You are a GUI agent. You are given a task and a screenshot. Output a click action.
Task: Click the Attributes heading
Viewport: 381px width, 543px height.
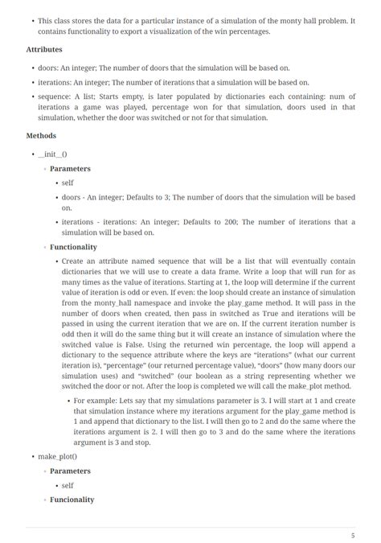(44, 49)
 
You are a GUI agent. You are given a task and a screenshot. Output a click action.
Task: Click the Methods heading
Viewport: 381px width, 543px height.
(41, 136)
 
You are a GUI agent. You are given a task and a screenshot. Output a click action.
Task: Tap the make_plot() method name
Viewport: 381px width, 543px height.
(57, 457)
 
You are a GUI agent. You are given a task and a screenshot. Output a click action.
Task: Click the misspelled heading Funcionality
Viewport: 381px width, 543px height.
(72, 500)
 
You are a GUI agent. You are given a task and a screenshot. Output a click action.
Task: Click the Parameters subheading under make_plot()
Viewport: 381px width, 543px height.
(70, 471)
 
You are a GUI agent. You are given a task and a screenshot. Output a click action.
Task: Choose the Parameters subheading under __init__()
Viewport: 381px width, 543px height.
(70, 169)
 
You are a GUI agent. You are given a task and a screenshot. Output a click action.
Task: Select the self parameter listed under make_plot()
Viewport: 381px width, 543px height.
(68, 486)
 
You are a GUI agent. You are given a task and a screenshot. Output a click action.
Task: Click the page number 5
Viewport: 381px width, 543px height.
(352, 535)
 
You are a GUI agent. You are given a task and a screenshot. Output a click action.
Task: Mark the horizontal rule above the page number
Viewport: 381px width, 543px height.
(190, 527)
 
